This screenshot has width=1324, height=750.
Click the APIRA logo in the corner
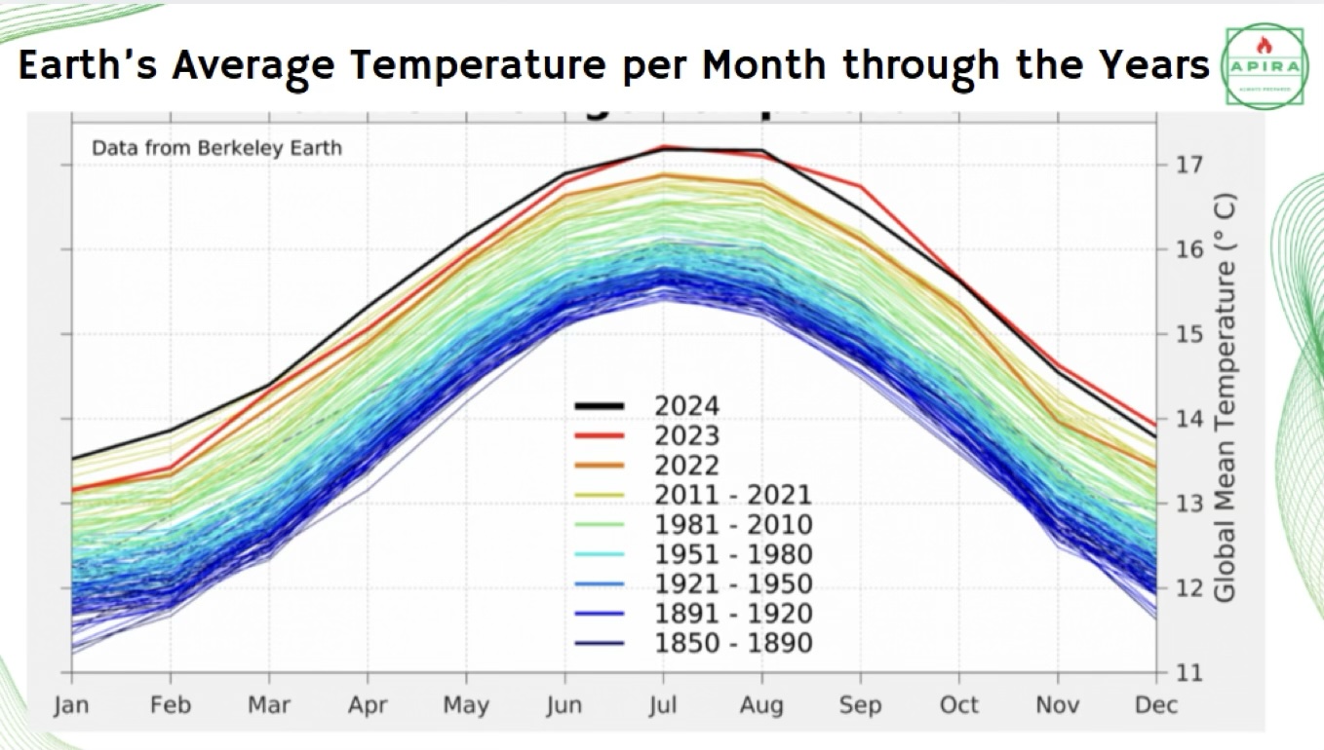pos(1265,66)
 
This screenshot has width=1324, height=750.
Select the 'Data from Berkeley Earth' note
pos(216,149)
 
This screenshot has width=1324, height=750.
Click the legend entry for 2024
pos(687,406)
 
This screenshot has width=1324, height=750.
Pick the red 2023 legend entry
pos(687,435)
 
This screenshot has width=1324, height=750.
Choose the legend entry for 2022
pos(687,466)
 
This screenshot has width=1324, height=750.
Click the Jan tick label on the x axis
pos(71,704)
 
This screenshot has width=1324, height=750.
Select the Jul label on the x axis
pos(663,704)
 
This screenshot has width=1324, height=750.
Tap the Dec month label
pos(1156,704)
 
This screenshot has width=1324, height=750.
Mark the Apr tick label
pos(368,704)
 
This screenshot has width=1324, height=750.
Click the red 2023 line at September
pos(860,185)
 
